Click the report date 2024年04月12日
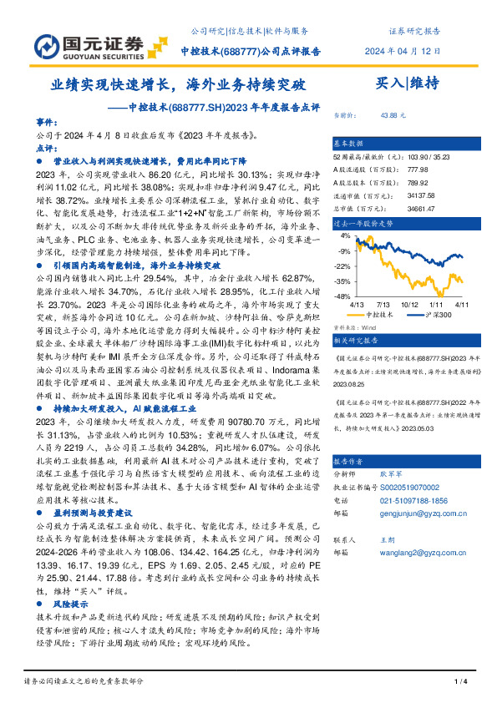pyautogui.click(x=400, y=51)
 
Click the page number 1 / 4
pyautogui.click(x=459, y=682)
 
